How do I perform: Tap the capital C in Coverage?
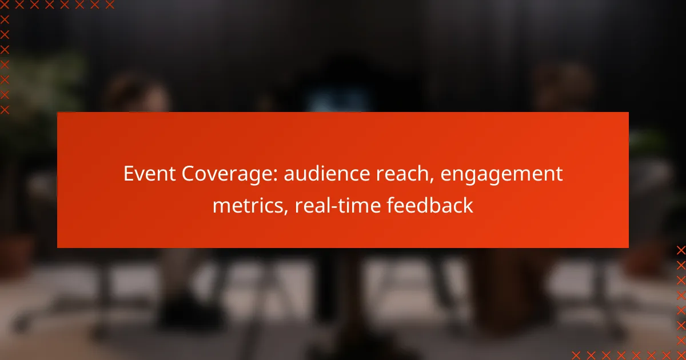188,174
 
